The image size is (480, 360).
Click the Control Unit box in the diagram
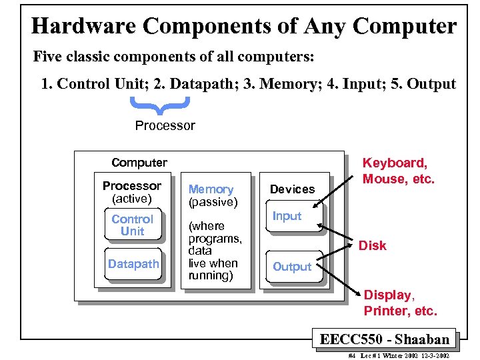coord(132,225)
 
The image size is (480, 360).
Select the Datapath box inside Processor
coord(133,264)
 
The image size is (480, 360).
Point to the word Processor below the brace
coord(165,125)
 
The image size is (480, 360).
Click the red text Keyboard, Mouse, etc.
coord(398,171)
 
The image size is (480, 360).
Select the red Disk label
coord(372,245)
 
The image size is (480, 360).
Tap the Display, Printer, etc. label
coord(400,303)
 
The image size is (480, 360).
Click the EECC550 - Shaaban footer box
coord(385,339)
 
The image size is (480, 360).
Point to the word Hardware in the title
coord(83,27)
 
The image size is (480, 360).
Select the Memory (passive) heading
coord(212,195)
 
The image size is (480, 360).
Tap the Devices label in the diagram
coord(292,189)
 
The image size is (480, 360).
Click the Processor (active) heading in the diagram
coord(132,192)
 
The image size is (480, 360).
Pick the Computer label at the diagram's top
coord(139,163)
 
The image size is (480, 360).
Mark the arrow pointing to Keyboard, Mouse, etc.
coord(339,189)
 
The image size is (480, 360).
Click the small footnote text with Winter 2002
coord(399,356)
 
